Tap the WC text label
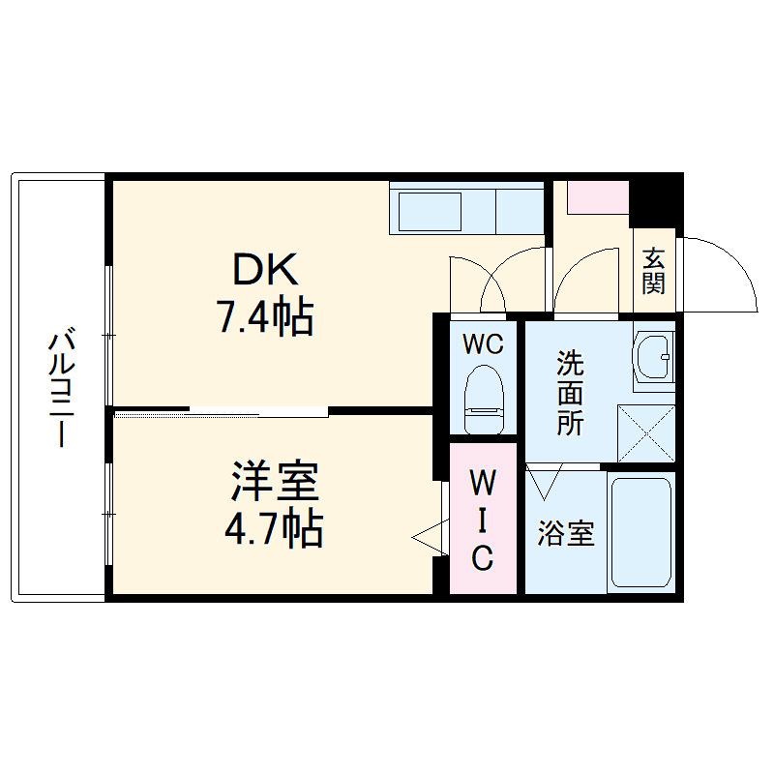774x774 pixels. [x=481, y=344]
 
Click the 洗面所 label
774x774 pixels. [x=569, y=393]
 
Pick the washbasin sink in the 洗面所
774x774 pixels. [x=653, y=357]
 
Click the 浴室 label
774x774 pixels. [x=565, y=533]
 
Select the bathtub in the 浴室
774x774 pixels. [x=640, y=531]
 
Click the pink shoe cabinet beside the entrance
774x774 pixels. [x=598, y=197]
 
